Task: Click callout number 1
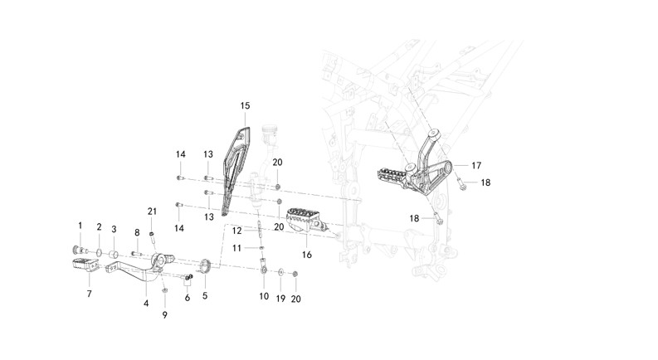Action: point(80,225)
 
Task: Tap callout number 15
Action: point(245,105)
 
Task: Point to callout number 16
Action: point(307,255)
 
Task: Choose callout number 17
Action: point(476,166)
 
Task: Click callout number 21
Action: point(152,210)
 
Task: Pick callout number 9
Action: point(164,315)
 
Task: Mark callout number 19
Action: point(280,296)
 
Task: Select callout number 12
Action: point(236,230)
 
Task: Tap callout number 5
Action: point(205,294)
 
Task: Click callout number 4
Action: point(146,304)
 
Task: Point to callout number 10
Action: point(263,296)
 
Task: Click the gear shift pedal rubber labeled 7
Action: point(86,266)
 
